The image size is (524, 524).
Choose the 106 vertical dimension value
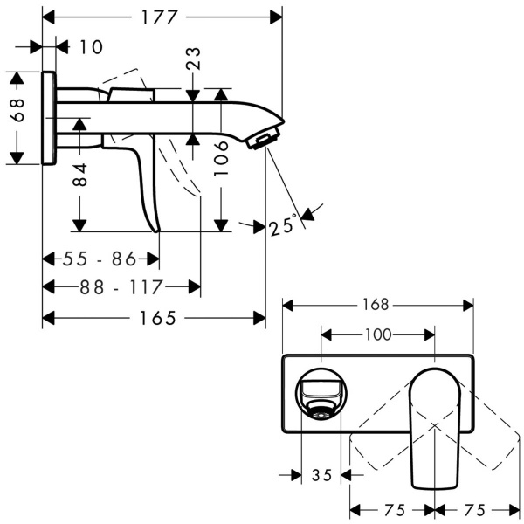[222, 160]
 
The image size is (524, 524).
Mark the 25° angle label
[283, 225]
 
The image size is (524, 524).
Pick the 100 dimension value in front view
[377, 334]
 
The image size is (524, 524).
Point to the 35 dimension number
[321, 476]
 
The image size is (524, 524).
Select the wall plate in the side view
[50, 118]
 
